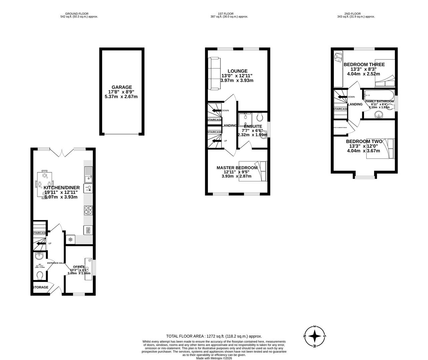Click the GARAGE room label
pos(122,87)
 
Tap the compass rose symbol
pos(315,336)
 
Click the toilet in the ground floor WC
pos(40,275)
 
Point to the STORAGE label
pos(40,287)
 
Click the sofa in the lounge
pos(214,73)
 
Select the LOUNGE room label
pos(238,71)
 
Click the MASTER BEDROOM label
pos(237,168)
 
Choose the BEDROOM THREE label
pos(364,65)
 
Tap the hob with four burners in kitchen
pos(88,210)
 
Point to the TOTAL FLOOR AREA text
pos(214,336)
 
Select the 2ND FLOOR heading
pos(356,14)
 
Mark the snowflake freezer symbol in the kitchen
pos(70,239)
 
